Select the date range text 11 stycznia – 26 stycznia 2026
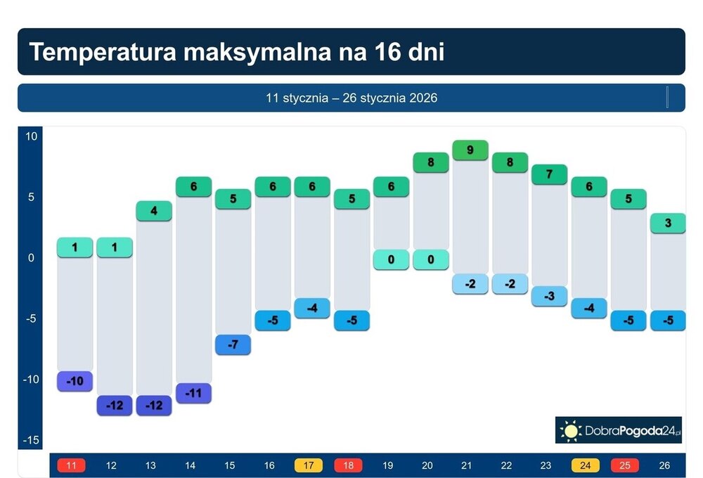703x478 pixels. [351, 98]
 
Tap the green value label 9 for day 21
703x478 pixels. [470, 150]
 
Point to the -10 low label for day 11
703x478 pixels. [75, 381]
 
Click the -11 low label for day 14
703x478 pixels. [193, 393]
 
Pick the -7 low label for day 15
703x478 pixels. [233, 344]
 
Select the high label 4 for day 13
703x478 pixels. [153, 211]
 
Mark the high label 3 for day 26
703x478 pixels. [667, 224]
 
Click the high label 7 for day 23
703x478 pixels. [549, 174]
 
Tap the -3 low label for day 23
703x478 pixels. [549, 296]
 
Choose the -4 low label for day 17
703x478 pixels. [311, 308]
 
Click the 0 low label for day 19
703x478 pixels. [391, 259]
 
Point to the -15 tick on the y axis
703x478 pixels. [30, 441]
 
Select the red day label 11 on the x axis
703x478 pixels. [71, 465]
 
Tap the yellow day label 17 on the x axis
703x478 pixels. [308, 465]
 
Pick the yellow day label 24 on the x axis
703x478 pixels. [585, 465]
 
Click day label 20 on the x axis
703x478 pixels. [427, 465]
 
